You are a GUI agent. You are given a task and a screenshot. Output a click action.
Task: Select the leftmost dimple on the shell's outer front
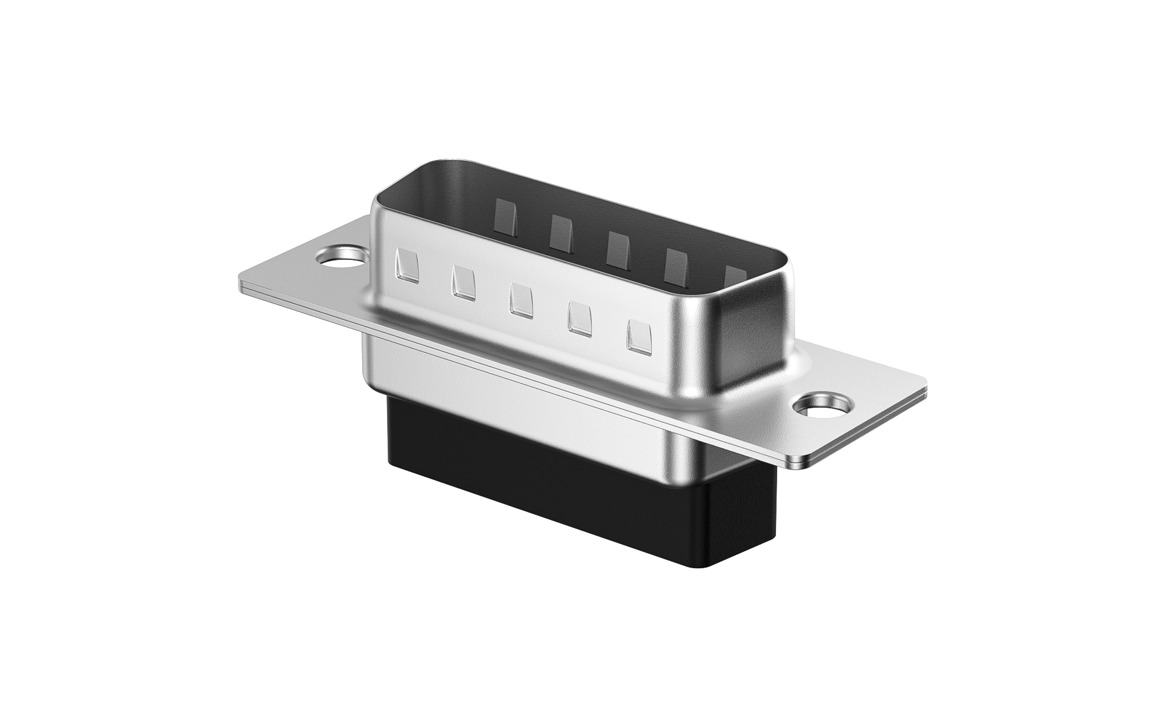406,267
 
